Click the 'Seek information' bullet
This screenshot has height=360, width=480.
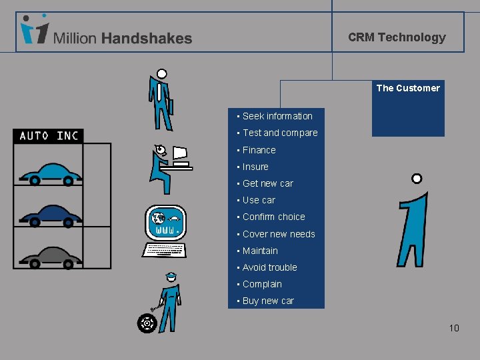click(277, 117)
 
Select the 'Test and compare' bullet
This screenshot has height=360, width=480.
click(280, 133)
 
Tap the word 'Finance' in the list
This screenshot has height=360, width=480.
click(259, 150)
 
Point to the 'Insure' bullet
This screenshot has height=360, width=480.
click(255, 167)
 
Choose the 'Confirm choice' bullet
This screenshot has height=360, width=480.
click(273, 217)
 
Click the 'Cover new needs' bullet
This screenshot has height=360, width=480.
click(279, 234)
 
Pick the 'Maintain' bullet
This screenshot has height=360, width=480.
click(260, 251)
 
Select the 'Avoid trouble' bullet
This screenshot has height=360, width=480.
click(269, 267)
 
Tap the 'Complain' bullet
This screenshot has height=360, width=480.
click(262, 284)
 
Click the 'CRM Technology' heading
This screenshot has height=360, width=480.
click(397, 37)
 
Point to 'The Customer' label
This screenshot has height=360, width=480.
click(408, 88)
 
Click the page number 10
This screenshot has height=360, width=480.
click(454, 328)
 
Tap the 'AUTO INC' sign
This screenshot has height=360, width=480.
click(49, 136)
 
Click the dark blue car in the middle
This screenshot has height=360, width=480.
click(51, 215)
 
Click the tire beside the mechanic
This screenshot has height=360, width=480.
click(147, 324)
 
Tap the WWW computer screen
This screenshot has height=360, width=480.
click(165, 223)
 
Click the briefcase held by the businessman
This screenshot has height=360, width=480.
click(170, 107)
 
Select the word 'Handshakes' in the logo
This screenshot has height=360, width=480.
click(147, 39)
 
